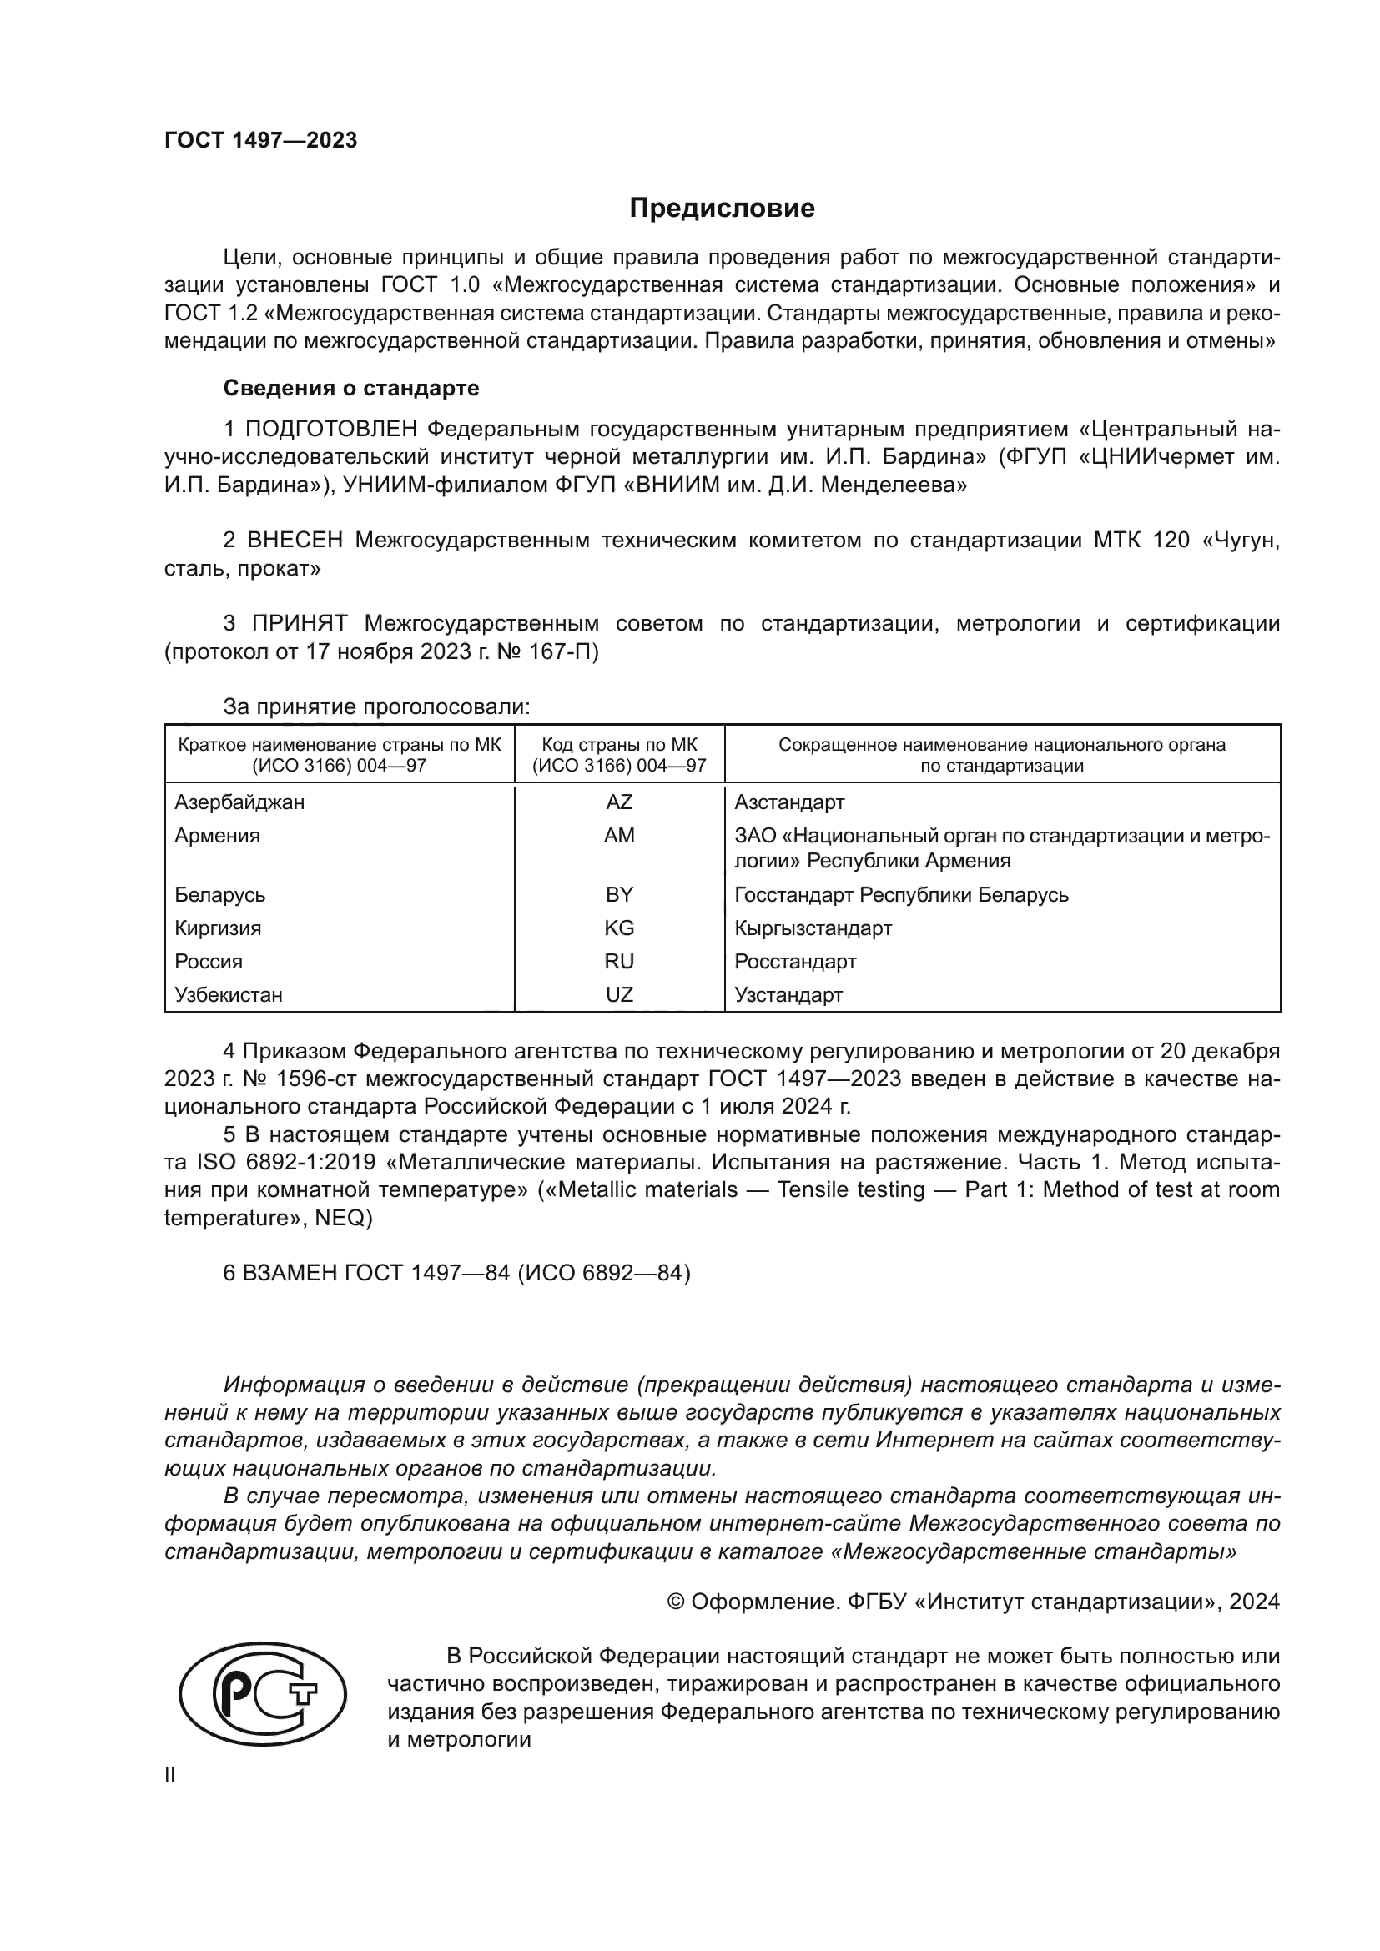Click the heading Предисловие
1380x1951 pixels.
[x=722, y=209]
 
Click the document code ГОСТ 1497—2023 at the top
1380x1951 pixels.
[x=261, y=141]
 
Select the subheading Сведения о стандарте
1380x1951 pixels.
[x=351, y=389]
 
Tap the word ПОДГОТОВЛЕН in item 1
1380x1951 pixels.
[x=331, y=428]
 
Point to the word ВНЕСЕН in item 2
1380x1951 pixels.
[x=295, y=541]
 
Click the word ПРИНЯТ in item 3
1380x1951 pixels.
[x=300, y=624]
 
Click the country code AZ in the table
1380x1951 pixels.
[x=618, y=802]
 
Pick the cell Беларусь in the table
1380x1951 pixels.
[x=220, y=895]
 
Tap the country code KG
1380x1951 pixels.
[x=618, y=928]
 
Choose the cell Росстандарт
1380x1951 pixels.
[x=794, y=962]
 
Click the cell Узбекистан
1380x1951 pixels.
[x=229, y=995]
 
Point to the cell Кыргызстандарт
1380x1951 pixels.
[x=813, y=928]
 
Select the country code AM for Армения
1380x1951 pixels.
[x=618, y=835]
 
